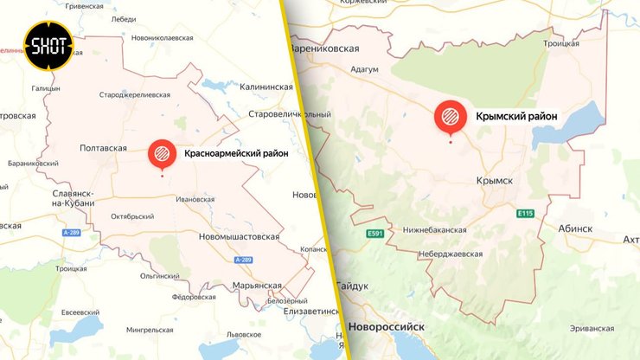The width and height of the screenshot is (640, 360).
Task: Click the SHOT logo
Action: pyautogui.click(x=48, y=44)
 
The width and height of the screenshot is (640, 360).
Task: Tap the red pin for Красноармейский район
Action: pyautogui.click(x=162, y=154)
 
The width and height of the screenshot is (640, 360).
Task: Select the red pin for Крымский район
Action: pyautogui.click(x=450, y=118)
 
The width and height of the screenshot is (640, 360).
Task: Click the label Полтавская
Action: pyautogui.click(x=103, y=148)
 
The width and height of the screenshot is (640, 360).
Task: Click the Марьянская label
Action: pyautogui.click(x=258, y=286)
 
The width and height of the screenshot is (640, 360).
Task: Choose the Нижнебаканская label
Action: pyautogui.click(x=435, y=230)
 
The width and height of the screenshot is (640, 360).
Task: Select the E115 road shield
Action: pyautogui.click(x=525, y=213)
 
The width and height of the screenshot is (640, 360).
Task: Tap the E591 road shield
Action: pyautogui.click(x=374, y=234)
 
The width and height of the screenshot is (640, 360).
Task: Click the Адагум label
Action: pyautogui.click(x=367, y=71)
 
